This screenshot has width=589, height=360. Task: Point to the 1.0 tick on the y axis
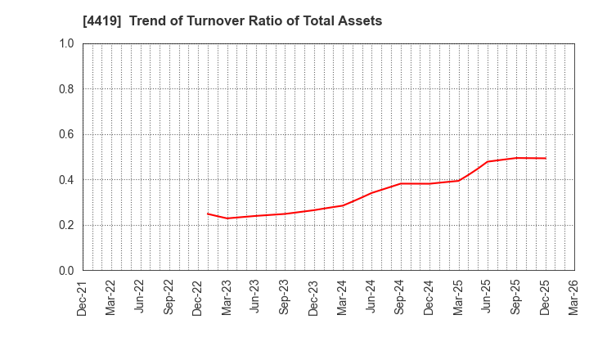(66, 43)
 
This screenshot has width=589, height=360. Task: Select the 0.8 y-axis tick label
(66, 89)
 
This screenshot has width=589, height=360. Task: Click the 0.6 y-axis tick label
(66, 134)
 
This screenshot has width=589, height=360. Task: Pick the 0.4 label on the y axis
(66, 180)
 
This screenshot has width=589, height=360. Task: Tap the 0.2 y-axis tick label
(66, 225)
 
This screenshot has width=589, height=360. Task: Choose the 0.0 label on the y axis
(66, 271)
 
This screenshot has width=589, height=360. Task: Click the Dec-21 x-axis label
(83, 297)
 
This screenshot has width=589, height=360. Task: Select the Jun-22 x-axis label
(140, 297)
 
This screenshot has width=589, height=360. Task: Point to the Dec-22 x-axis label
(198, 297)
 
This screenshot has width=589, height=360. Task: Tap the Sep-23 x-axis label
(285, 297)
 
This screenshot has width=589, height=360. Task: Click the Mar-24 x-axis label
(343, 297)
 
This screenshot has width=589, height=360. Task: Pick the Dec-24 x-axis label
(429, 297)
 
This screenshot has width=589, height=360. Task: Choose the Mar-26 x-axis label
(574, 297)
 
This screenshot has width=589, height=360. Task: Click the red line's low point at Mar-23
(227, 218)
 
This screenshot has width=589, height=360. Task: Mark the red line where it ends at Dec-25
(546, 158)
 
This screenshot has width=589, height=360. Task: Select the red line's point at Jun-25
(488, 161)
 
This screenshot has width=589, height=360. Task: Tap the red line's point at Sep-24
(401, 183)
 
